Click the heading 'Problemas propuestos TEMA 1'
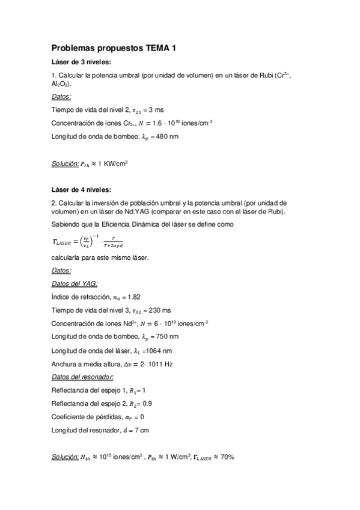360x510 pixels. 114,48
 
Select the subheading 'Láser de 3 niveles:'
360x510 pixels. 81,62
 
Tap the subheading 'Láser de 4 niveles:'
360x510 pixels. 81,190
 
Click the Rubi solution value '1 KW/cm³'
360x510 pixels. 114,163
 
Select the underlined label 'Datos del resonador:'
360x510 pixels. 83,376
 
